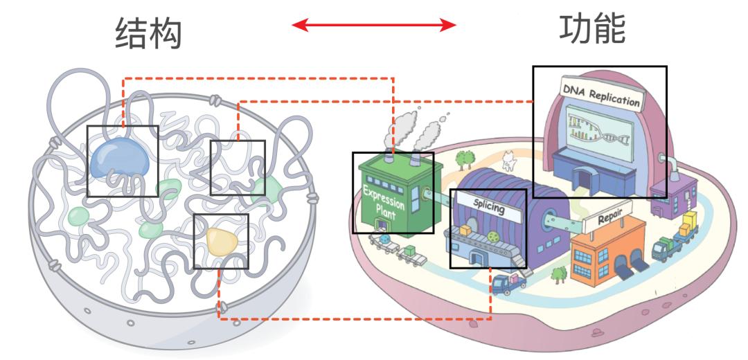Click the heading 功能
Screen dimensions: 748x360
592,28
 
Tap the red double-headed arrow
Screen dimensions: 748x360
374,25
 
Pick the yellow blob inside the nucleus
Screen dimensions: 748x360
222,242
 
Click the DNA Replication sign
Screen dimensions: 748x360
600,94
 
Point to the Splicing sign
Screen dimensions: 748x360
488,208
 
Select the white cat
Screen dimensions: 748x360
509,161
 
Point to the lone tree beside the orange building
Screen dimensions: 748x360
558,274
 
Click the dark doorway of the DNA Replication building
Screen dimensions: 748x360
582,181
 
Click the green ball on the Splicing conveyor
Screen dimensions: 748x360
493,237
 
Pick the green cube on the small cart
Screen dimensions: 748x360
409,251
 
